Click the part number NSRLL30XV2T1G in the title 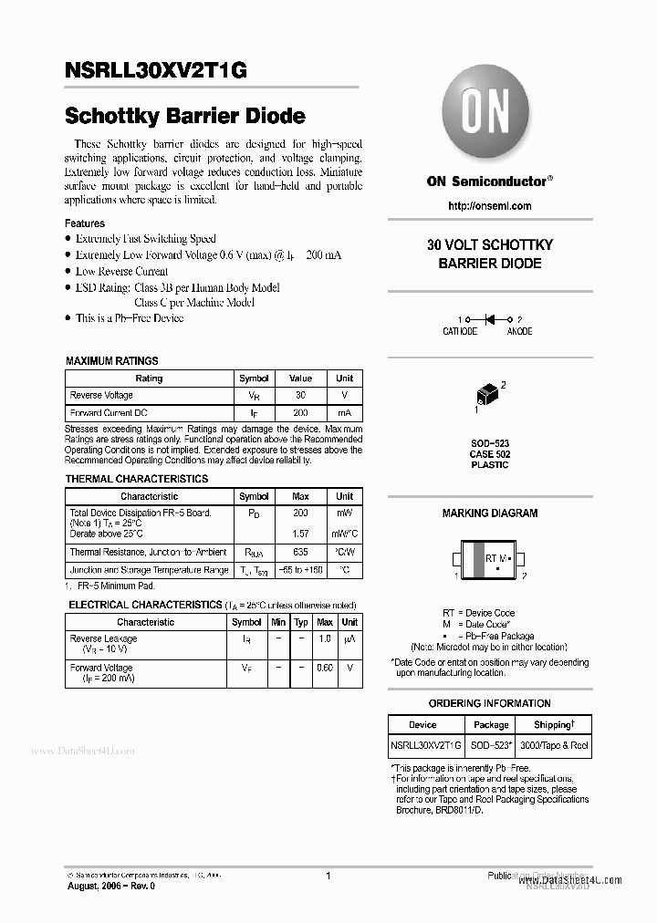(x=156, y=72)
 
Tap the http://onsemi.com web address (x=490, y=206)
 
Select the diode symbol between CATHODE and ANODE (x=489, y=319)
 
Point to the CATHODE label (x=460, y=332)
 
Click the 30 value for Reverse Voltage (x=300, y=396)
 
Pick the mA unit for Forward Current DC (x=344, y=413)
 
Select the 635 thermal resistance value (x=300, y=552)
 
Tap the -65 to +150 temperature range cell (x=300, y=570)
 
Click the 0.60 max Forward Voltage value (x=324, y=669)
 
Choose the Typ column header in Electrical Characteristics (x=301, y=622)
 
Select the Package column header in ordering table (x=491, y=725)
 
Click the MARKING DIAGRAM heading (x=490, y=513)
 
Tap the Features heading (x=85, y=223)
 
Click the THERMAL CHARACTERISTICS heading (x=137, y=479)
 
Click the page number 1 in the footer (x=328, y=876)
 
